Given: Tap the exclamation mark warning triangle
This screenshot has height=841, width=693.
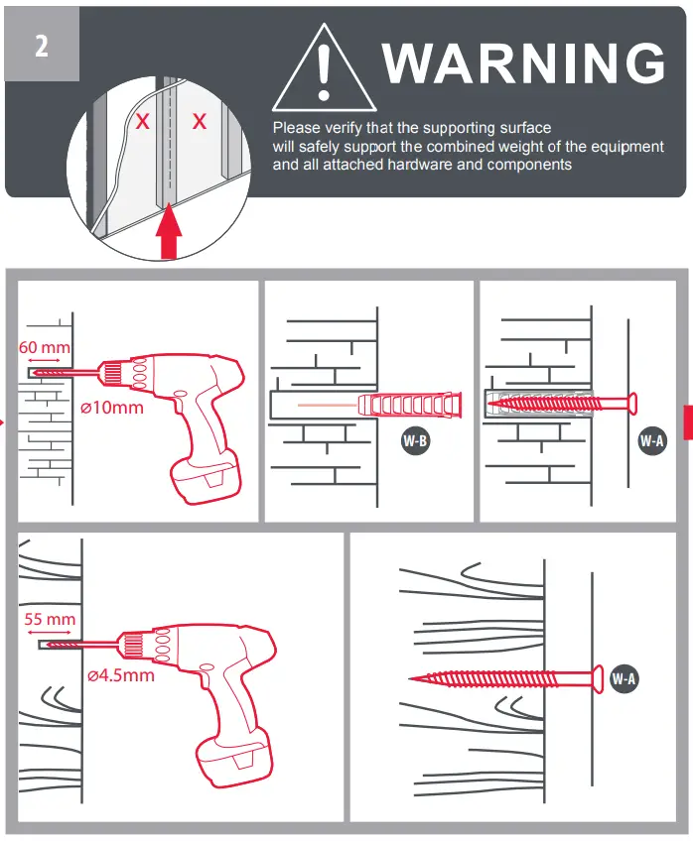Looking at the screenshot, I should click(x=318, y=71).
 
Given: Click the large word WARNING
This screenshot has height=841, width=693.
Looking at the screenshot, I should click(x=523, y=63).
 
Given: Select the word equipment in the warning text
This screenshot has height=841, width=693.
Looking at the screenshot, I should click(x=618, y=147).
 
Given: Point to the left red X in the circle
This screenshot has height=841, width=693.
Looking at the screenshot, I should click(x=143, y=123).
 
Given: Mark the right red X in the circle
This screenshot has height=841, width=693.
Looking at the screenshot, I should click(x=200, y=122).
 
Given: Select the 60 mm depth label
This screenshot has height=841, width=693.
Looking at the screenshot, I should click(x=45, y=347).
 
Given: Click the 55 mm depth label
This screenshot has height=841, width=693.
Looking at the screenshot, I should click(x=50, y=619).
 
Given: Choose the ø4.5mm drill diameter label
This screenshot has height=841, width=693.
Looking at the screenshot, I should click(x=120, y=675).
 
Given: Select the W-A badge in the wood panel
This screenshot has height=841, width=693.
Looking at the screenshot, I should click(x=624, y=679).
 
